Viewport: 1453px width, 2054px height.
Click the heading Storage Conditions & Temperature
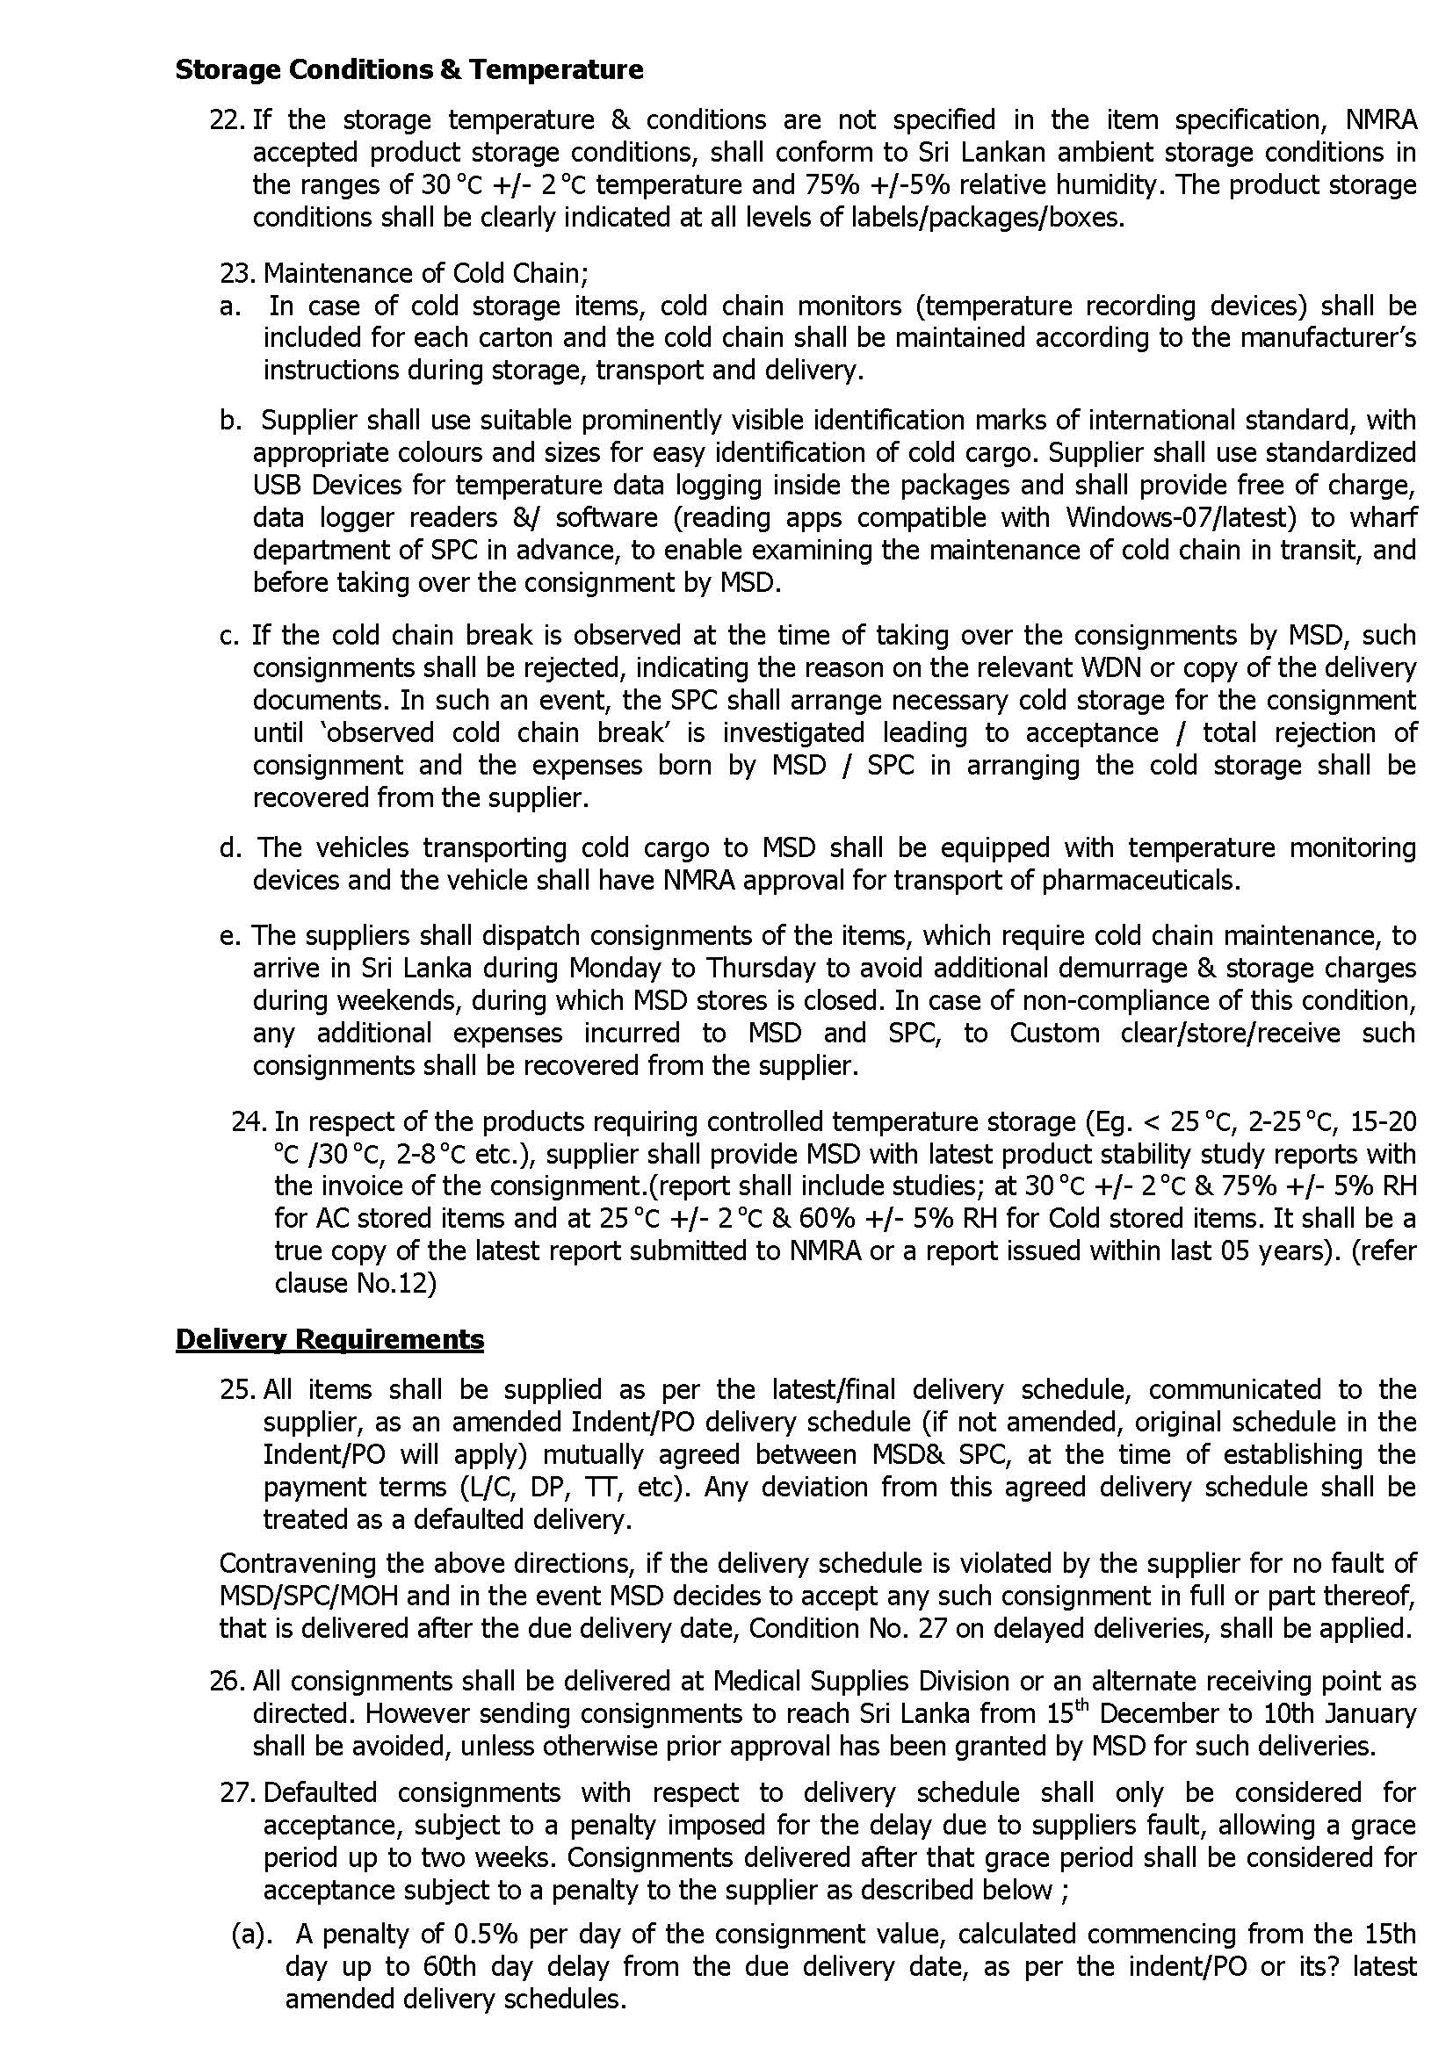pos(408,69)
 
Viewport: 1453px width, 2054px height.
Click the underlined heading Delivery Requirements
pos(329,1339)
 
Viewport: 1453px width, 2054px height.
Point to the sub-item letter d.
pos(230,847)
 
